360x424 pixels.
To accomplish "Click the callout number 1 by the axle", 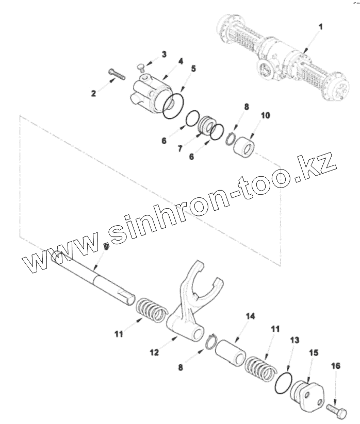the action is [320, 26].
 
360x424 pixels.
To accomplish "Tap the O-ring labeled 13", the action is [283, 382].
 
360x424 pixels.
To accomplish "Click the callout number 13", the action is [294, 341].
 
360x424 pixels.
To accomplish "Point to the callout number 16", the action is [336, 366].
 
